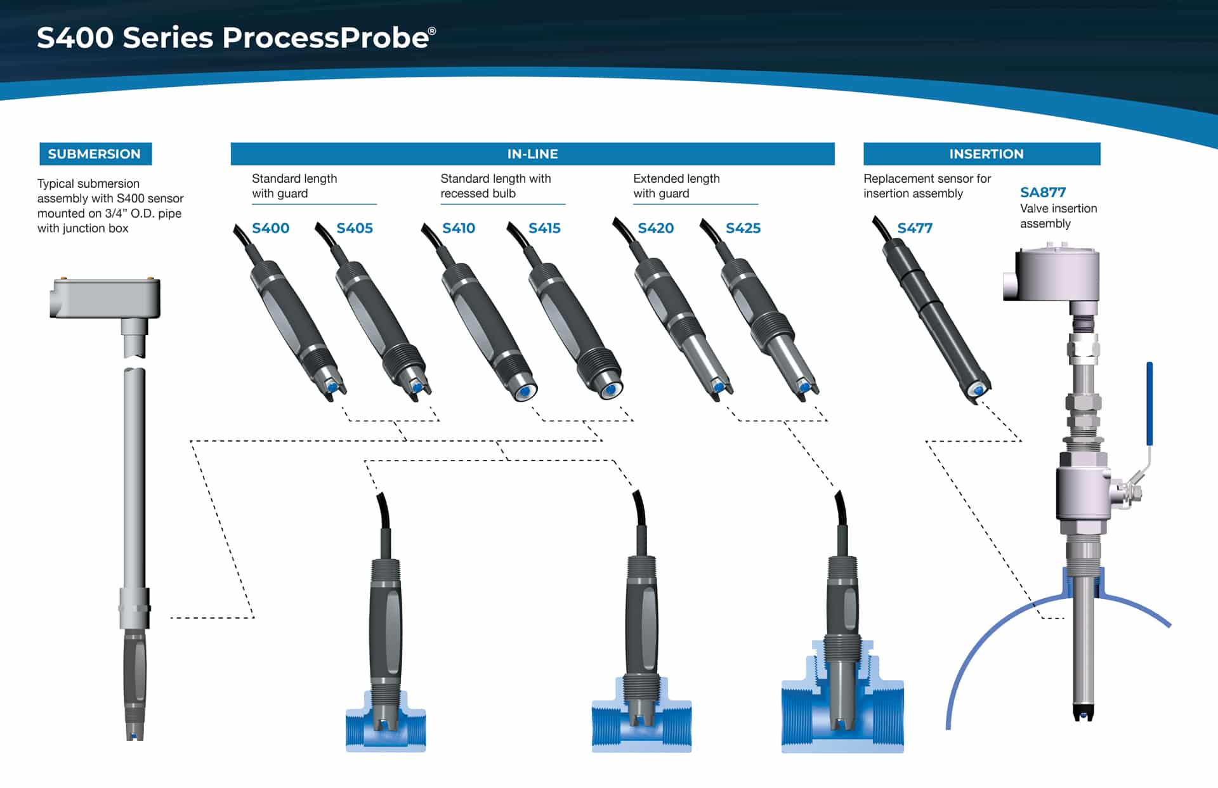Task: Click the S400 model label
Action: (270, 228)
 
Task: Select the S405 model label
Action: (355, 228)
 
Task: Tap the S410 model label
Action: (458, 228)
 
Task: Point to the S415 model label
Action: (544, 228)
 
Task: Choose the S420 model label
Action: (655, 228)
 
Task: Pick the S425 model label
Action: (743, 228)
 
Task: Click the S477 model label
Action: (915, 228)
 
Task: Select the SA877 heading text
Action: (1043, 192)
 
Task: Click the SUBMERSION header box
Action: (95, 154)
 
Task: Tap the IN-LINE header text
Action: (532, 154)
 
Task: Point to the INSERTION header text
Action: (986, 154)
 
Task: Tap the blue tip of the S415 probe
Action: (610, 389)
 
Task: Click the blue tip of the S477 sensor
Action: (978, 390)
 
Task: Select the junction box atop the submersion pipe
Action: (105, 298)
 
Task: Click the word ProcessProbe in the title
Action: (325, 38)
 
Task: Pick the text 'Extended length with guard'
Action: (676, 186)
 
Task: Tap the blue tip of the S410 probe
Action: (524, 392)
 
